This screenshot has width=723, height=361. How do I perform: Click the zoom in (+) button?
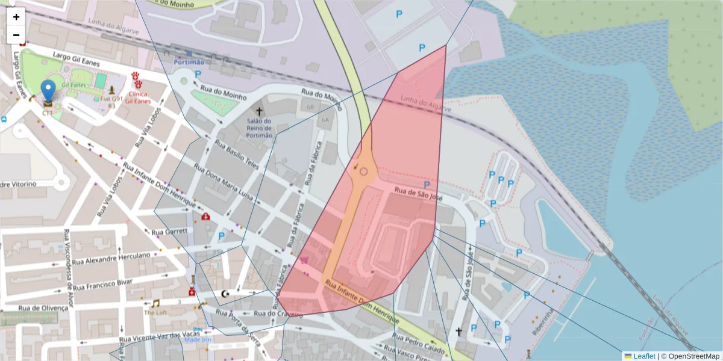(x=16, y=17)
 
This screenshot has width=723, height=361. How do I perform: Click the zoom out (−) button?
(x=16, y=35)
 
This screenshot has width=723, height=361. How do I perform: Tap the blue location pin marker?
(x=48, y=91)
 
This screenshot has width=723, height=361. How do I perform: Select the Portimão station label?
(x=189, y=62)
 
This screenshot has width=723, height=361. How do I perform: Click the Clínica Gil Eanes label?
(x=138, y=97)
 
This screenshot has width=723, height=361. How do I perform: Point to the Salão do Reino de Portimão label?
(x=259, y=128)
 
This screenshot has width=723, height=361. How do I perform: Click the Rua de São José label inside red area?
(x=418, y=193)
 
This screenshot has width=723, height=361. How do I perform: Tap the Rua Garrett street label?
(x=169, y=232)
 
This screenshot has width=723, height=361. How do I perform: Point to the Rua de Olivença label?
(x=43, y=307)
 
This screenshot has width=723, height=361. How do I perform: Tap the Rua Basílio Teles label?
(x=236, y=156)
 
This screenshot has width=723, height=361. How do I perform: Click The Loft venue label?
(x=155, y=313)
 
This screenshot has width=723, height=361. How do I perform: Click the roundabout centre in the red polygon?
(x=363, y=171)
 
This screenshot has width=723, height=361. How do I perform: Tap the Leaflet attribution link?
(x=643, y=356)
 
